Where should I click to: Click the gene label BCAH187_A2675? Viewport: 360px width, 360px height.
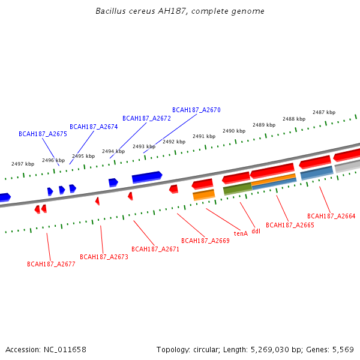click(43, 134)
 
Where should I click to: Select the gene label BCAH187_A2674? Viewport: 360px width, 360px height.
click(94, 127)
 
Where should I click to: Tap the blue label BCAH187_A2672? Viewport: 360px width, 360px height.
click(146, 118)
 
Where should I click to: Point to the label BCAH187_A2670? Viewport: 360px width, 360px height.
click(196, 110)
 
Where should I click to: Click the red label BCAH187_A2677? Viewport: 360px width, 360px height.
click(51, 264)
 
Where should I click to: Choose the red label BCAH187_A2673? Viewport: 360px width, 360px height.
click(104, 257)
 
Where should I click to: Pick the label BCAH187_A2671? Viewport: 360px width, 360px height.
click(155, 248)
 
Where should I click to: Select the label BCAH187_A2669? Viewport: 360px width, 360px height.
click(205, 241)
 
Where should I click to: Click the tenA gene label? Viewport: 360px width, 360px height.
click(241, 233)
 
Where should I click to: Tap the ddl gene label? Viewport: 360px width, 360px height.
click(256, 231)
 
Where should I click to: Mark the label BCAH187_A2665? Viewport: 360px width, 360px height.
click(290, 225)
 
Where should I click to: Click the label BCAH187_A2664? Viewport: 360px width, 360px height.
click(331, 216)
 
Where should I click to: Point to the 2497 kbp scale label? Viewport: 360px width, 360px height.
click(23, 164)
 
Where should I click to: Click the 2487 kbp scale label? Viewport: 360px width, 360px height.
click(324, 112)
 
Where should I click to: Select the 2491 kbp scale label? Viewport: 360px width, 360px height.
click(204, 136)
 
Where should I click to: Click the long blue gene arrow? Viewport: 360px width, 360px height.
click(146, 177)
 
